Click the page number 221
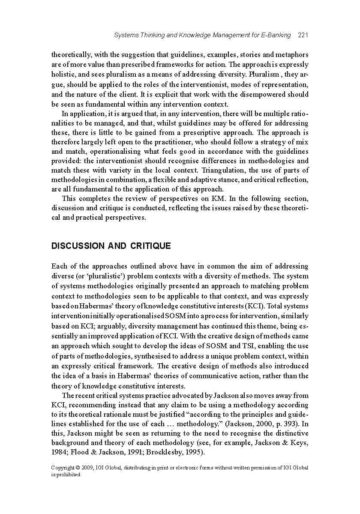303,35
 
